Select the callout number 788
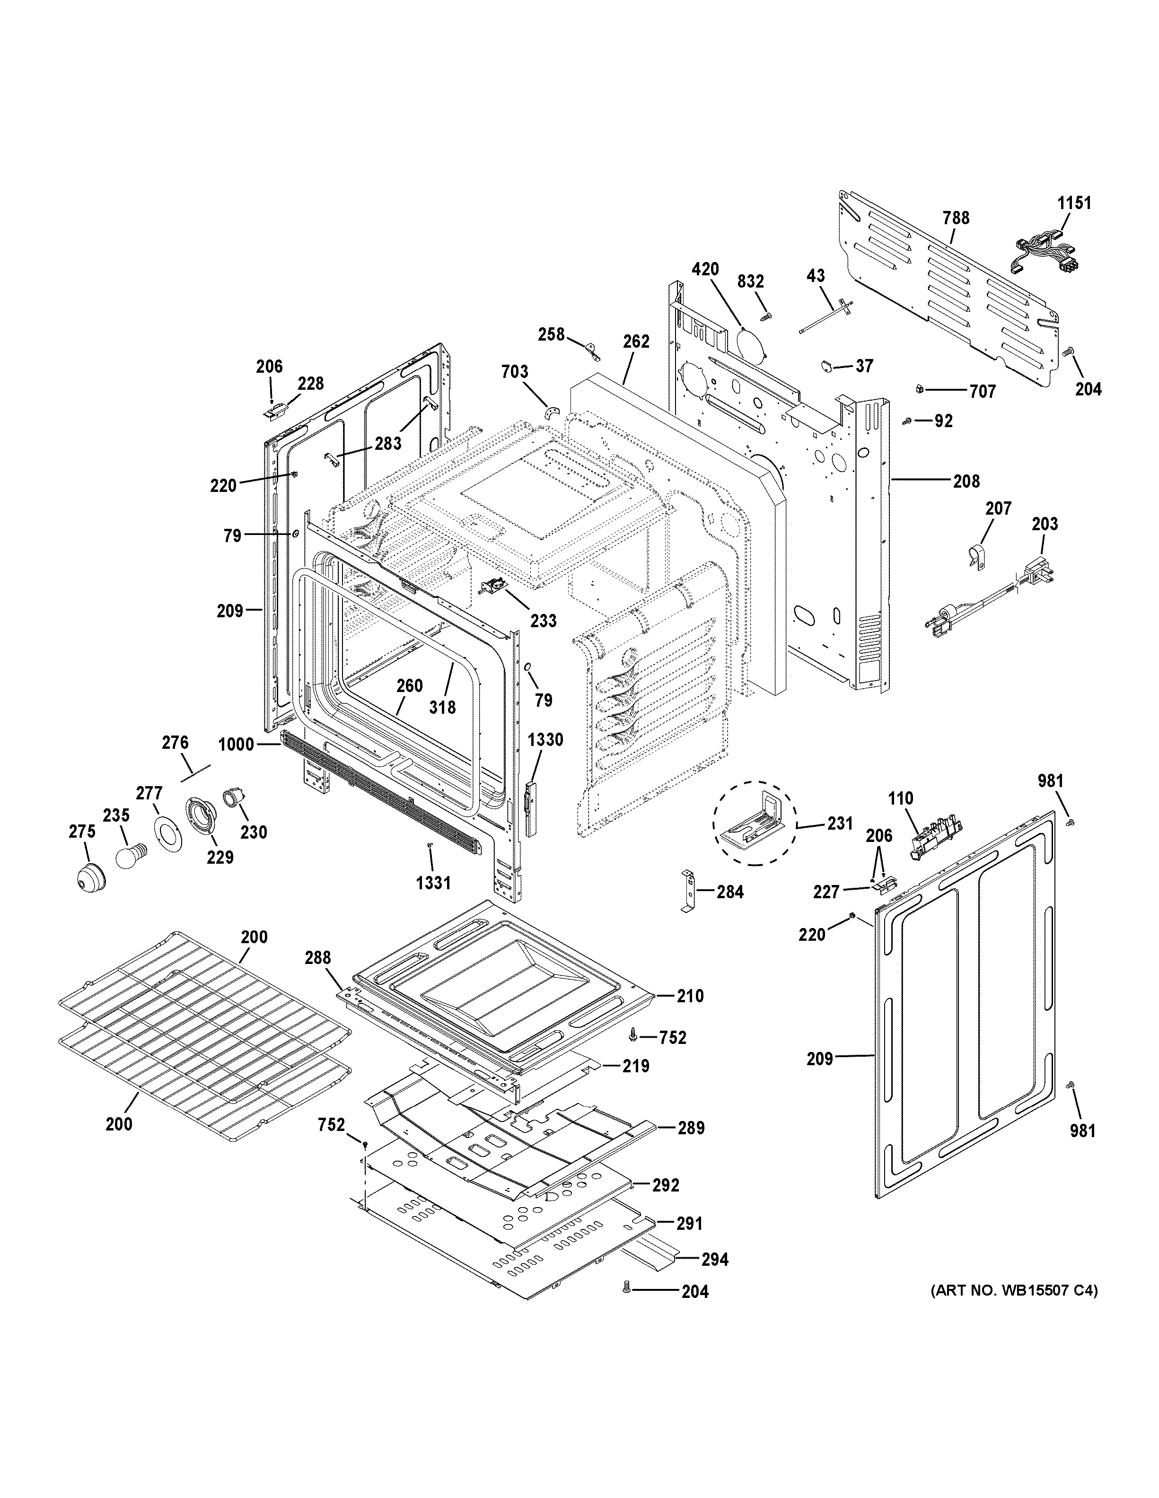coord(955,218)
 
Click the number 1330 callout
coord(546,739)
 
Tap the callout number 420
coord(705,270)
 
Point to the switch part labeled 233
coord(494,587)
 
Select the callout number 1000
coord(236,744)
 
